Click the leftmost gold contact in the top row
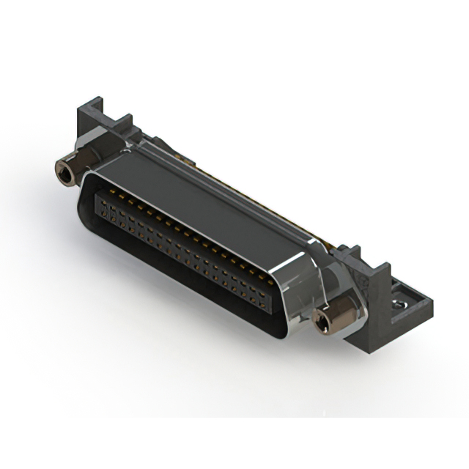[103, 192]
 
